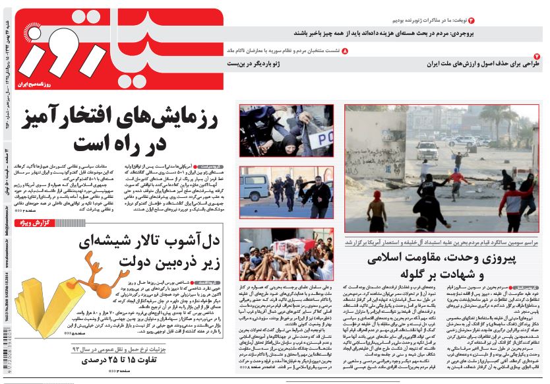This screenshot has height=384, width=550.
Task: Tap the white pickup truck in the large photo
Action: click(427, 149)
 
